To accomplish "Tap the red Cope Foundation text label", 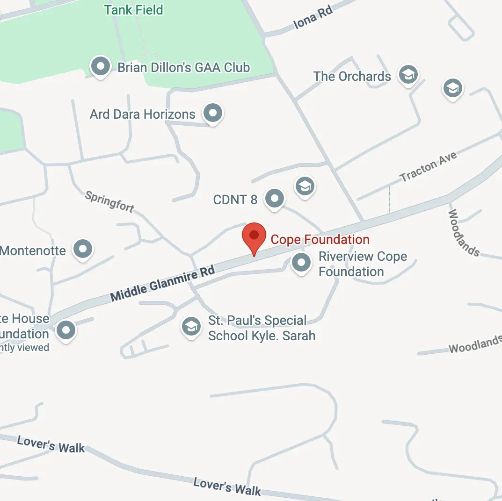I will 320,240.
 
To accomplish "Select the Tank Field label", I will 134,10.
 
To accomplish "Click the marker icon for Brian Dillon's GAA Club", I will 100,66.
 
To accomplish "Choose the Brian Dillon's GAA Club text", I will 183,67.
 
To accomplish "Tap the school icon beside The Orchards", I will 408,74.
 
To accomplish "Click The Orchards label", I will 352,76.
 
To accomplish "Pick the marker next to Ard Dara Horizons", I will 213,113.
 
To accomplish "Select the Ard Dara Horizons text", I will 142,114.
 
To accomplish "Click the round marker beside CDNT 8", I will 275,199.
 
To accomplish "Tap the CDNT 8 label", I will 235,200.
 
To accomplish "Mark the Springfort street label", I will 110,201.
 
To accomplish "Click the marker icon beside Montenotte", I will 83,248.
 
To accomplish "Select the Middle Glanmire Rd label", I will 162,284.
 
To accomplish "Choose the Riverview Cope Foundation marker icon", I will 301,262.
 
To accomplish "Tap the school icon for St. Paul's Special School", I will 191,326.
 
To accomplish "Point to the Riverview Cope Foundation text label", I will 363,264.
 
